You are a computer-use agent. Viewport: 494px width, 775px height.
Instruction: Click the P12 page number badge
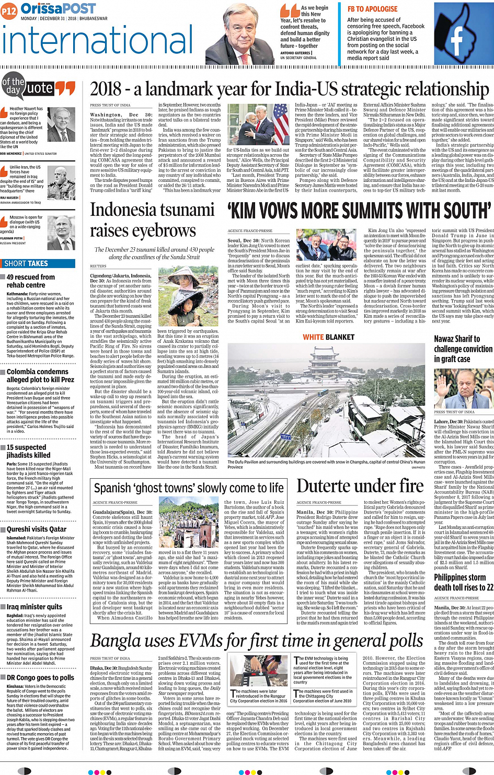pos(9,10)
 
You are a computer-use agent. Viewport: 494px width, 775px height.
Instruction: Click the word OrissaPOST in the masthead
pos(58,9)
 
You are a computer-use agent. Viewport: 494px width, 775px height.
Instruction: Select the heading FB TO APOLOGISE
pos(372,9)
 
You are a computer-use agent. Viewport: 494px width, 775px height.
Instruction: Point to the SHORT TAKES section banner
pos(26,263)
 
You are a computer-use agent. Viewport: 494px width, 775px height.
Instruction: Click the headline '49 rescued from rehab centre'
pos(30,281)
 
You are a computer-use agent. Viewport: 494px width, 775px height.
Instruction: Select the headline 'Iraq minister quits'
pos(35,607)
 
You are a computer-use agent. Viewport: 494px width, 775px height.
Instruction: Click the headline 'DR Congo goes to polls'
pos(40,677)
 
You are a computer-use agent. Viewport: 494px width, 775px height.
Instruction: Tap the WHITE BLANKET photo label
pos(328,337)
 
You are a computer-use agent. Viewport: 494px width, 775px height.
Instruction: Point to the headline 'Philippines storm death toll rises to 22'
pos(463,582)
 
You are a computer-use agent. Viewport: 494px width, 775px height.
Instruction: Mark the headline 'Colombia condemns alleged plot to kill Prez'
pos(40,376)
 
